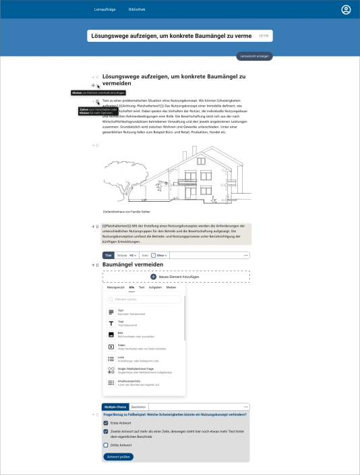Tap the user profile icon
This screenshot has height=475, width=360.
(346, 9)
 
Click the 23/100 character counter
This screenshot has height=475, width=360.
(264, 35)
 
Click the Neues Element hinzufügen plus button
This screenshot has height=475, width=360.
(153, 277)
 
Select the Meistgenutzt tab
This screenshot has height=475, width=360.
(116, 287)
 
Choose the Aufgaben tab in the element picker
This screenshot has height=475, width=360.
(155, 287)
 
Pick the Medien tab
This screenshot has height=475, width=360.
(171, 287)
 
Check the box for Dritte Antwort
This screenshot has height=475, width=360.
(106, 445)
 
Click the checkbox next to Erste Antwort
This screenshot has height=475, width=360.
(106, 423)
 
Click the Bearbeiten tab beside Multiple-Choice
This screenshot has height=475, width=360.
(139, 407)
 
